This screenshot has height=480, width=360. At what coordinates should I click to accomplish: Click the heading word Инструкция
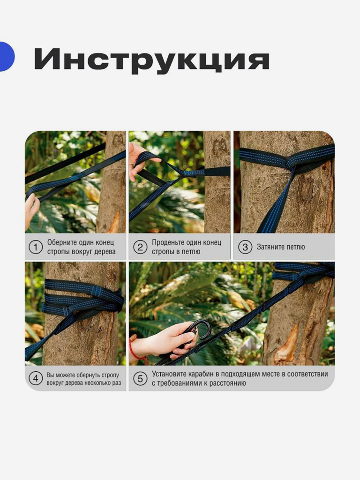click(151, 60)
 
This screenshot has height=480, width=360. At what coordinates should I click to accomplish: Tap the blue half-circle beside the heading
click(7, 57)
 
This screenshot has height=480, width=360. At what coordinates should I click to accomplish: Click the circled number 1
click(35, 247)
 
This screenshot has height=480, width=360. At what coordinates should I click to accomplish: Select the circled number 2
click(140, 247)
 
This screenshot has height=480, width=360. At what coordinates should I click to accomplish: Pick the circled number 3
click(244, 247)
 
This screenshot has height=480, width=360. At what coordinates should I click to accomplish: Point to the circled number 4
click(35, 378)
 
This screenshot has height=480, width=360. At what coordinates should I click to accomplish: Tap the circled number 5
click(140, 378)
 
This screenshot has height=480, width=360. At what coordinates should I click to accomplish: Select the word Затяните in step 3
click(270, 247)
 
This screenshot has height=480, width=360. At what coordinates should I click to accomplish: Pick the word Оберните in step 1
click(63, 242)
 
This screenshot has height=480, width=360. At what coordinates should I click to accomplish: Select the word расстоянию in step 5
click(226, 383)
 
